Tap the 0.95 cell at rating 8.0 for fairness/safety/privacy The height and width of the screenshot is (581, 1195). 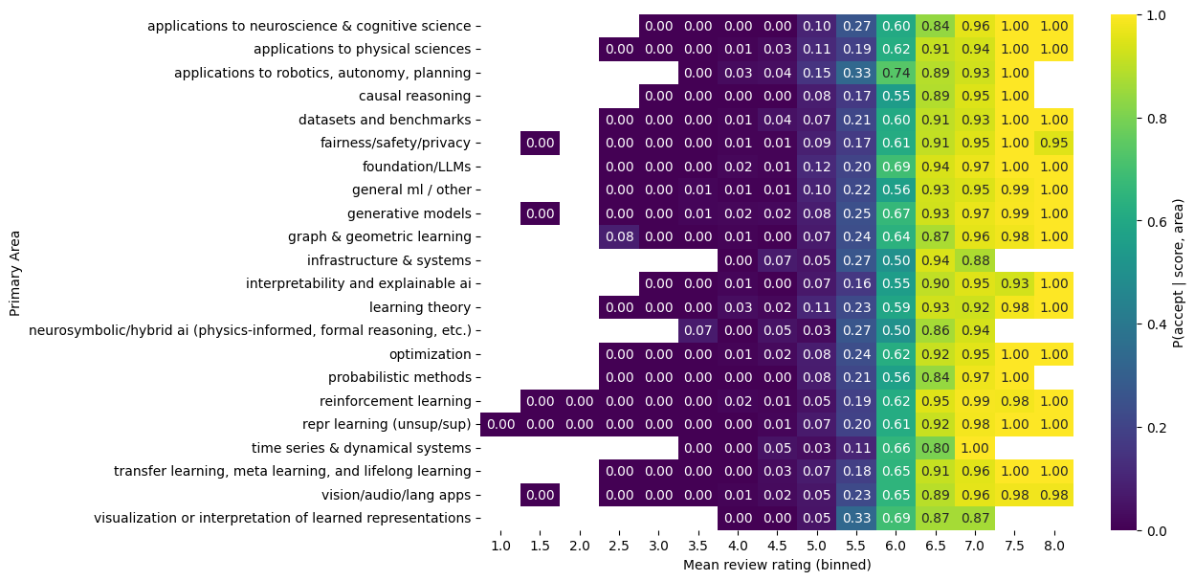coord(1055,143)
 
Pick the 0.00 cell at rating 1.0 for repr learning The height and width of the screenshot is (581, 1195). coord(500,424)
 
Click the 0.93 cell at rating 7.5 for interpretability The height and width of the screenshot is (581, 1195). coord(1015,283)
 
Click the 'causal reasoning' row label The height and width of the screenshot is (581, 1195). coord(414,96)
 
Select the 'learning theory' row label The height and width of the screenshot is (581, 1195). coord(420,307)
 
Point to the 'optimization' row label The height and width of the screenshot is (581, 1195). coord(430,354)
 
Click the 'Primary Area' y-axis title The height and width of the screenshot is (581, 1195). coord(15,272)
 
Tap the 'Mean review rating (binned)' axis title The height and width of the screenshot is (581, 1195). coord(777,565)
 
